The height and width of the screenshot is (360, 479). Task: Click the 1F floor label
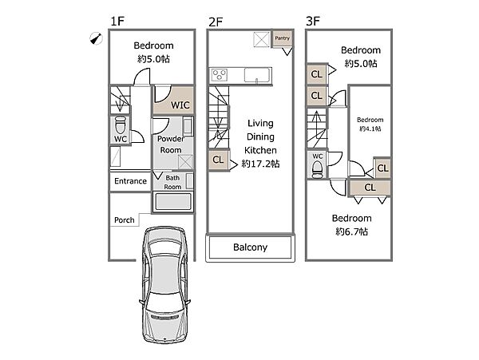pos(117,22)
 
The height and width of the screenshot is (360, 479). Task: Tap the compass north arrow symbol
pos(96,38)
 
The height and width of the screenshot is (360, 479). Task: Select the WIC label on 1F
pos(180,105)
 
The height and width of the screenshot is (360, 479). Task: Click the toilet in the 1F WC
pos(121,125)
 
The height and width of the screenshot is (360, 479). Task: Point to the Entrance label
pos(130,181)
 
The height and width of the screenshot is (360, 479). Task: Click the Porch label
pos(125,220)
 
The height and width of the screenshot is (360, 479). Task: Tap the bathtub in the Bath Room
pos(173,202)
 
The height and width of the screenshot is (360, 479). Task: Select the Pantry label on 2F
pos(282,38)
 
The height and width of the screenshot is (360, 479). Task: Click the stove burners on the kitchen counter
pos(220,75)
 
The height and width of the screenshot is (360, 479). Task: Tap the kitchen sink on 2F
pos(258,75)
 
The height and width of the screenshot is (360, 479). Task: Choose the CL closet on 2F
pos(218,160)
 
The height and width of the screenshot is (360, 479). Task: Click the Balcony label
pos(250,247)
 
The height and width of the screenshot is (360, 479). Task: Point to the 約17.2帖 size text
pos(260,164)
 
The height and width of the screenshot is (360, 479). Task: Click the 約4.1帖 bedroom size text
pos(370,129)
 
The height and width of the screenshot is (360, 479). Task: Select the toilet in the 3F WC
pos(318,169)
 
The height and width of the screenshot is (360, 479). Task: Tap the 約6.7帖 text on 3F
pos(351,231)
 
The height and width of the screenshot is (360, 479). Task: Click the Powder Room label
pos(171,144)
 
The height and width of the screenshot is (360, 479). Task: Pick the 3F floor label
pos(313,22)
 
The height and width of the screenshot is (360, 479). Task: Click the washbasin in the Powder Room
pos(188,126)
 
